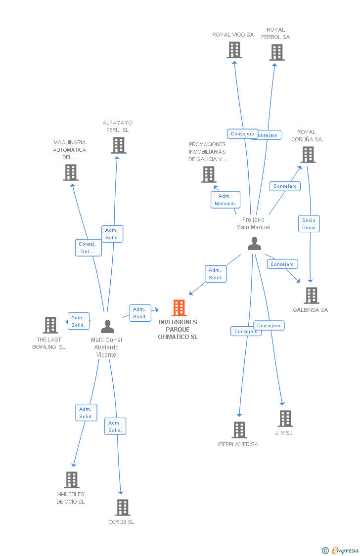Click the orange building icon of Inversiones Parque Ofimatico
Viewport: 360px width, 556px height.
[179, 308]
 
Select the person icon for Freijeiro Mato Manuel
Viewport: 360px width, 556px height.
[254, 244]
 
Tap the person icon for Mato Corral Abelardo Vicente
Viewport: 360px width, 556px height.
[107, 327]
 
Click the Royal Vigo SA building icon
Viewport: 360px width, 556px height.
[234, 50]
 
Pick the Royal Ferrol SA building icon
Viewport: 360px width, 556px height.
[277, 52]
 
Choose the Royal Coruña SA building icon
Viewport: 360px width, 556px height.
[308, 155]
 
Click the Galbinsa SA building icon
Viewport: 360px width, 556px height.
[311, 296]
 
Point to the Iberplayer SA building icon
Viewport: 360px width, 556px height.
[239, 430]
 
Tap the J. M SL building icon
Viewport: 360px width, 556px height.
[285, 419]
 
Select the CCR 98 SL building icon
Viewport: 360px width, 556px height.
[123, 508]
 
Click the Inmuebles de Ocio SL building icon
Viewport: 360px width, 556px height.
[72, 480]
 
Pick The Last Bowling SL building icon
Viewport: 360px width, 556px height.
[50, 325]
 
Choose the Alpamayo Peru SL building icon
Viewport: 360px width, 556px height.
[119, 145]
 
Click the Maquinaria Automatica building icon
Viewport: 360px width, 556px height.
[71, 172]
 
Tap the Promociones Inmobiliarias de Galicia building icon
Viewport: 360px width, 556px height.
[209, 174]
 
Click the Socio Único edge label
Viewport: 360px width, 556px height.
[309, 224]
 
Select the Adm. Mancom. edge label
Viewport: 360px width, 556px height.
[225, 200]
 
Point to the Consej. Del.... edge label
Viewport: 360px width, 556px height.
[89, 248]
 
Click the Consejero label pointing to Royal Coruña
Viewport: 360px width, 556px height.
[285, 186]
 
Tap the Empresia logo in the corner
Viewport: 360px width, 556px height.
[341, 550]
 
